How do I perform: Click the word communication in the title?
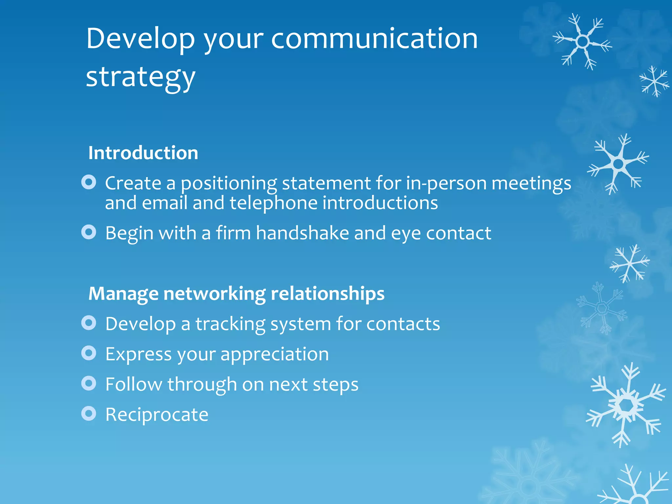point(374,39)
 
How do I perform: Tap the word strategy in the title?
point(140,77)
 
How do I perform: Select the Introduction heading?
point(143,153)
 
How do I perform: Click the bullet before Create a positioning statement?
point(89,182)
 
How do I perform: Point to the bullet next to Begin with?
point(89,232)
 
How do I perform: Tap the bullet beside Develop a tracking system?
point(89,323)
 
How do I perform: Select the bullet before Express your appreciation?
point(89,353)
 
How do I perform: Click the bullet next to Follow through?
point(89,383)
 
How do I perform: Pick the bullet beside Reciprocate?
point(89,413)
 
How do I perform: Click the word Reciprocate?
point(157,414)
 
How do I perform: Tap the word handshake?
point(302,233)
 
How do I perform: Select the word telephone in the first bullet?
point(273,203)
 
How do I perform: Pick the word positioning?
point(229,184)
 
